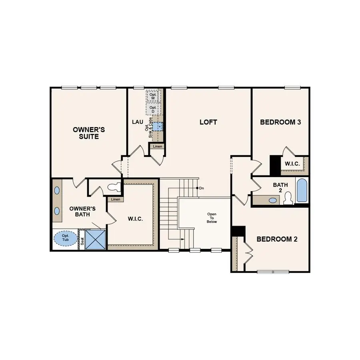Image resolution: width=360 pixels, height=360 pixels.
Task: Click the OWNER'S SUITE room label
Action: point(88,133)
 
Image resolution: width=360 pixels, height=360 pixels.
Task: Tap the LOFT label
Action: point(208,122)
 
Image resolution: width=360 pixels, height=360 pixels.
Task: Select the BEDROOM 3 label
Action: point(280,122)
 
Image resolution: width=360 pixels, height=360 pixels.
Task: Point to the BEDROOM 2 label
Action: point(277,239)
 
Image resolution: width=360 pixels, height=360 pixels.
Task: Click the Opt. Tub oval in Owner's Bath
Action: point(65,238)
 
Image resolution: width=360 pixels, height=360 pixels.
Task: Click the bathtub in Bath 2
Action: point(302,190)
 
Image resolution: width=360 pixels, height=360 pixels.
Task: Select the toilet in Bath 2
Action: point(288,198)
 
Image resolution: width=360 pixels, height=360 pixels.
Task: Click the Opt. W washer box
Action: point(153,96)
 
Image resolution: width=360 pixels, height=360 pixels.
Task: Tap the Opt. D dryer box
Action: point(153,109)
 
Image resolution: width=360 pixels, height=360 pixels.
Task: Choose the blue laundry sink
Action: point(158,126)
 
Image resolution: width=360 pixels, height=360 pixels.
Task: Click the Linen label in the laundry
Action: point(157,147)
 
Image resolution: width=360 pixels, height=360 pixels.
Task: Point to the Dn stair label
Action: point(201,188)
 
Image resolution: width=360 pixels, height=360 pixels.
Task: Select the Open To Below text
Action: point(212,218)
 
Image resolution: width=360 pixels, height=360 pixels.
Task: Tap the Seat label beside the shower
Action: point(82,241)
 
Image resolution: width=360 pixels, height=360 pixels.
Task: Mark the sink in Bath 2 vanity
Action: point(273,200)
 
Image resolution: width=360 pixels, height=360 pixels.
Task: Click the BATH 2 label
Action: point(280,187)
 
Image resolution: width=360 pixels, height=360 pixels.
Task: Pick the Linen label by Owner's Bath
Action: point(115,199)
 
